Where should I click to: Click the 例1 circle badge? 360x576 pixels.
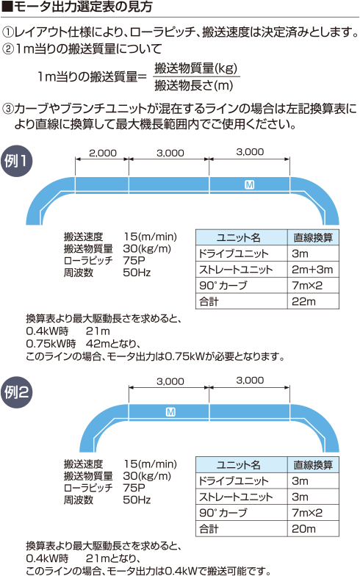(16, 161)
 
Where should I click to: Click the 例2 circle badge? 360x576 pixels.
(16, 392)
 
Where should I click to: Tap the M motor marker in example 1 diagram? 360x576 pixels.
(249, 185)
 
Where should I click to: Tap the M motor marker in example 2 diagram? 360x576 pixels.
(170, 412)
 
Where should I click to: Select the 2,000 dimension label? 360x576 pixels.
(103, 153)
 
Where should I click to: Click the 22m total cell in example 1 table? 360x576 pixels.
(303, 301)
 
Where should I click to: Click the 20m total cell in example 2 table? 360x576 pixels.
(303, 529)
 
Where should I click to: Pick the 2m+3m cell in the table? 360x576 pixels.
(312, 270)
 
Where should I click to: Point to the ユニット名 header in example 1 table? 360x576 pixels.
(238, 238)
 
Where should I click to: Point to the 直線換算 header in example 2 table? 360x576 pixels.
(313, 465)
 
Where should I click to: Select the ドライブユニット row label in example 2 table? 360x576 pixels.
(234, 480)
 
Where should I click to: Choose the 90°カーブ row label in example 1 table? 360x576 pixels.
(223, 285)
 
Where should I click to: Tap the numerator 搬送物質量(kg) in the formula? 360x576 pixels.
(195, 68)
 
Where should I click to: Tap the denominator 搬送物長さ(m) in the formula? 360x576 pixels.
(194, 85)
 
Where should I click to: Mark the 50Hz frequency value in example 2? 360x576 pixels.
(137, 500)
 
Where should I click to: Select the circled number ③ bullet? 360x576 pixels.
(7, 109)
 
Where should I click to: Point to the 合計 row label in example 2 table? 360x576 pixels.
(209, 529)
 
